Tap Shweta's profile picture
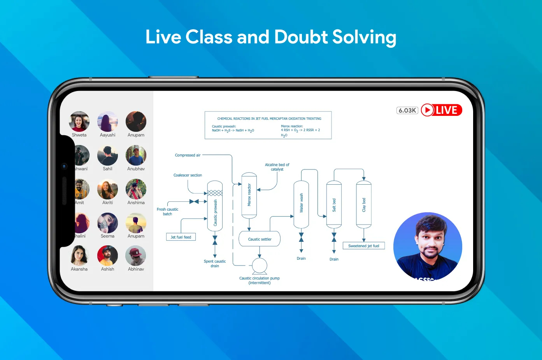pos(79,121)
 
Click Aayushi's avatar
pos(107,121)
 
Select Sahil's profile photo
pos(107,156)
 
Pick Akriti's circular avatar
pos(107,189)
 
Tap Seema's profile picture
pos(107,223)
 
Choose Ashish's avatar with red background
pos(107,256)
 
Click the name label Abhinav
pos(136,269)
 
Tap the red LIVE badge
pos(442,110)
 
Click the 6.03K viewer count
pos(407,110)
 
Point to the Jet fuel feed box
pos(181,237)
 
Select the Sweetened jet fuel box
pos(363,246)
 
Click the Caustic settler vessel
pos(260,239)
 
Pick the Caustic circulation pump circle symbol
pos(260,266)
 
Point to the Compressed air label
pos(188,155)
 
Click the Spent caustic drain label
pos(215,264)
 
